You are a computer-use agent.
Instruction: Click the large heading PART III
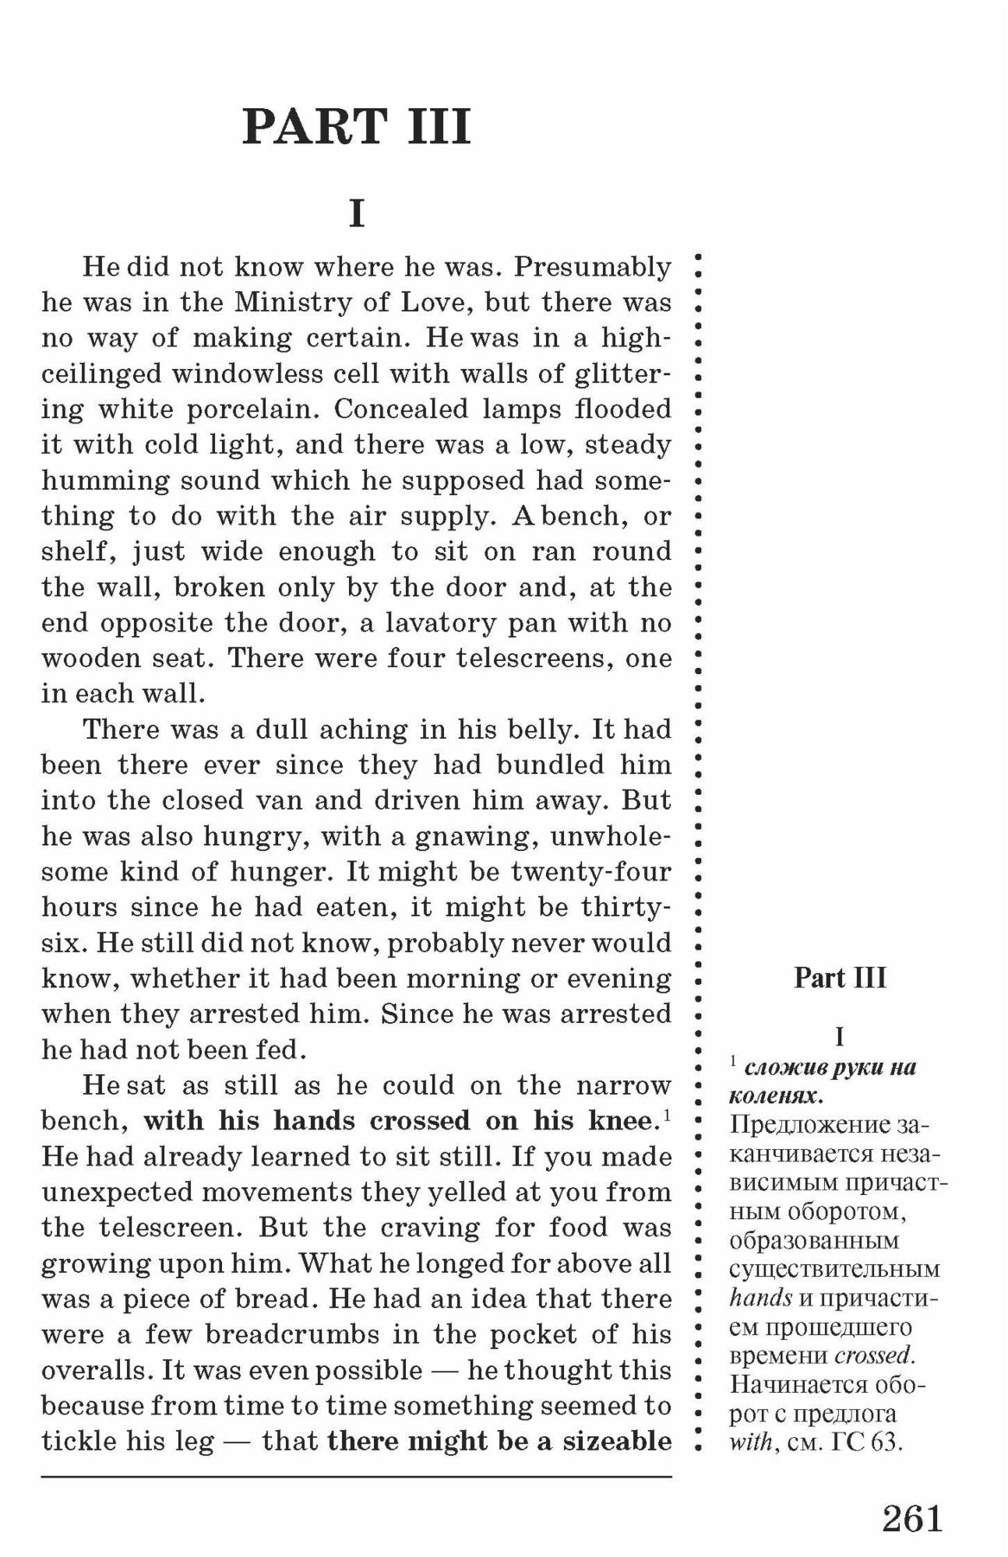tap(357, 127)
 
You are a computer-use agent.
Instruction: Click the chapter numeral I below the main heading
tap(357, 213)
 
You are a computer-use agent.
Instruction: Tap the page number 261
tap(912, 1517)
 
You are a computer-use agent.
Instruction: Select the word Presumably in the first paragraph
tap(592, 267)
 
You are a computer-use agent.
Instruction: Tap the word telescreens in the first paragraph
tap(535, 659)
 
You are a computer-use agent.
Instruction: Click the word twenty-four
tap(590, 871)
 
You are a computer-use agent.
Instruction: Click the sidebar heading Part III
tap(840, 978)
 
